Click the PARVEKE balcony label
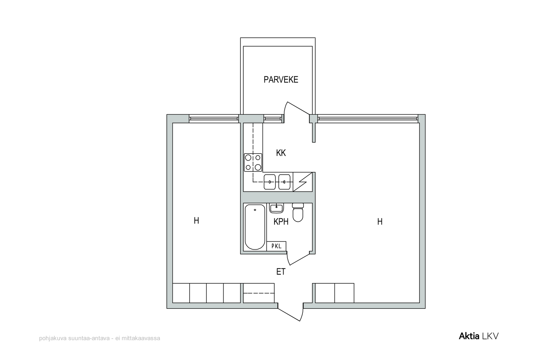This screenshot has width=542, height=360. (281, 80)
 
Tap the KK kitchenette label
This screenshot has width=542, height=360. (281, 153)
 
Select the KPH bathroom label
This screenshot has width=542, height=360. (281, 221)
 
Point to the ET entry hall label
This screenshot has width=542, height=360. (281, 272)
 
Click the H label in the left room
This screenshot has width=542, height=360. (196, 221)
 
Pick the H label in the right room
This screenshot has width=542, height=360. (380, 221)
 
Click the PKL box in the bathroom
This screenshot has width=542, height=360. (276, 246)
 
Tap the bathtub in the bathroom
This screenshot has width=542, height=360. (255, 227)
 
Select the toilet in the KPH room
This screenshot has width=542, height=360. (298, 212)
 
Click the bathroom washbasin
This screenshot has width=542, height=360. (276, 208)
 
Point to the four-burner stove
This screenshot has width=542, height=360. (253, 162)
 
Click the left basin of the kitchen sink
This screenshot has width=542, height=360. (270, 182)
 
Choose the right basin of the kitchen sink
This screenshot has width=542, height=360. (284, 182)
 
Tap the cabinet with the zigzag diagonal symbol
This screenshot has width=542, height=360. (303, 182)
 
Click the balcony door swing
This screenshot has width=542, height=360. (296, 112)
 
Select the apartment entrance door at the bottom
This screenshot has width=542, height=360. (290, 312)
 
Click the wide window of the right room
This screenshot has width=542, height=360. (368, 119)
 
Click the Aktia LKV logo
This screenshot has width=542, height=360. (479, 336)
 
